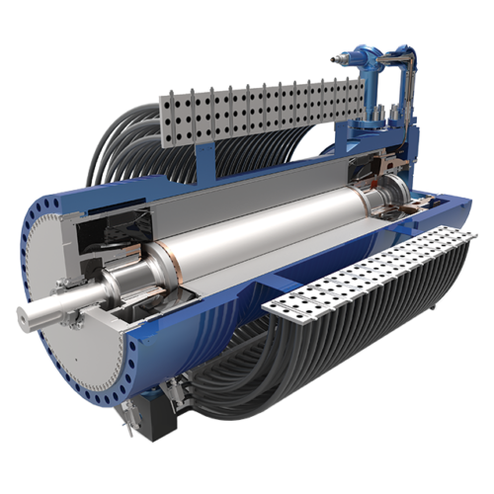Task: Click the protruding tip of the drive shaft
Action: point(27,315)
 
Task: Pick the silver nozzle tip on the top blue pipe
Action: point(337,60)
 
